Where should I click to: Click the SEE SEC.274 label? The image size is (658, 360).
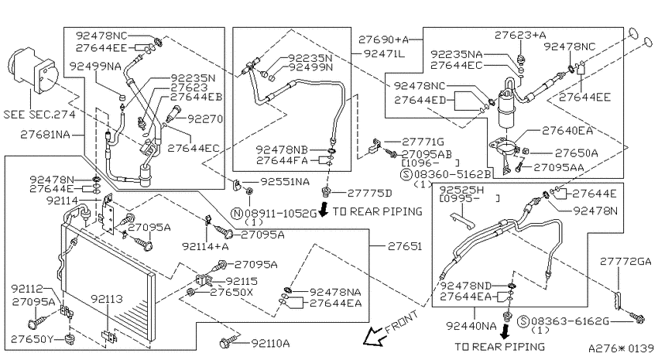click(x=39, y=114)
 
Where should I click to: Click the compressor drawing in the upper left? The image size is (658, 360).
click(x=33, y=71)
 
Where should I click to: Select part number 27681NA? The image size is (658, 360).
click(x=46, y=135)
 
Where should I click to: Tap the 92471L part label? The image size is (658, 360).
click(x=384, y=53)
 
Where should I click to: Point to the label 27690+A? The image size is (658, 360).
click(x=383, y=39)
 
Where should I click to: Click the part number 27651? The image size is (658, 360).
click(x=405, y=246)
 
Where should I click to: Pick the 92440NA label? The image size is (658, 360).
click(x=471, y=326)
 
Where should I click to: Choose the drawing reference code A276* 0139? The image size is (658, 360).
click(x=621, y=348)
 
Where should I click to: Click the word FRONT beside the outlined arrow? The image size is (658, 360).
click(x=402, y=322)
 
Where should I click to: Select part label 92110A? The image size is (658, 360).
click(x=270, y=344)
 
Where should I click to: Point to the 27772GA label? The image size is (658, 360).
click(x=625, y=262)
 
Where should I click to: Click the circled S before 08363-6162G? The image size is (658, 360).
click(x=523, y=321)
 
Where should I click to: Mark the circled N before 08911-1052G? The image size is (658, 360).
click(x=237, y=213)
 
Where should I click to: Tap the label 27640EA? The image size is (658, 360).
click(x=567, y=131)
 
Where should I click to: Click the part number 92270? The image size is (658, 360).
click(x=205, y=119)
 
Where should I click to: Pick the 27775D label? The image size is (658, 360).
click(x=370, y=193)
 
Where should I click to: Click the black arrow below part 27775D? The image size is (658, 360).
click(x=323, y=208)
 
